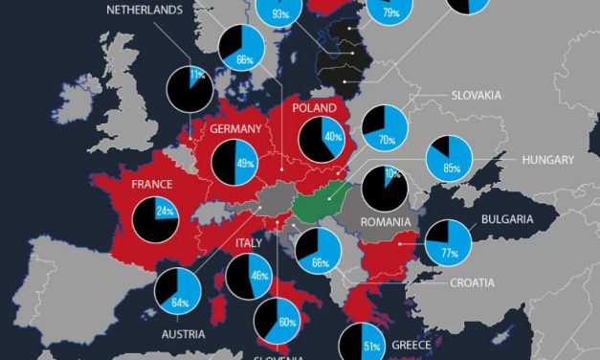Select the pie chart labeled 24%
coord(155,217)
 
